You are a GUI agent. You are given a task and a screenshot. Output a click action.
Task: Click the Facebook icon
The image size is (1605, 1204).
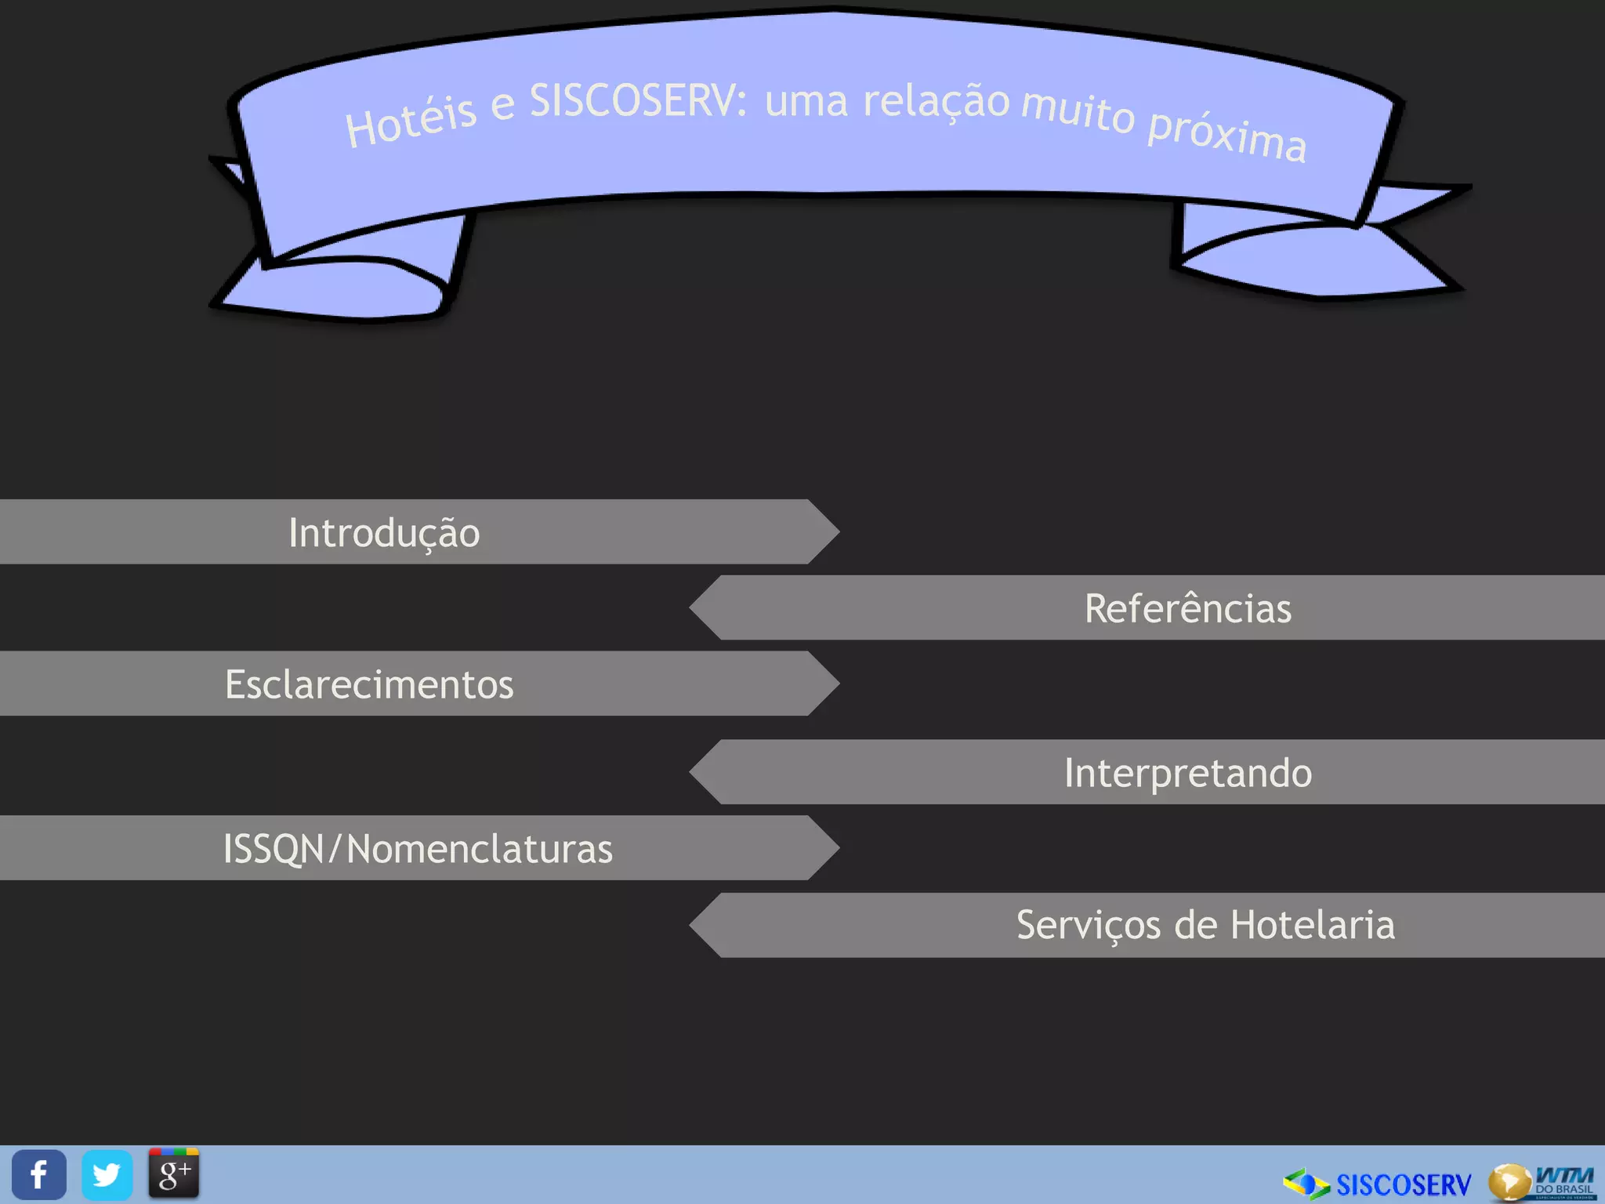coord(38,1174)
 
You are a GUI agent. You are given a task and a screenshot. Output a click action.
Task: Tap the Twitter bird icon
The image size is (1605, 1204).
coord(107,1174)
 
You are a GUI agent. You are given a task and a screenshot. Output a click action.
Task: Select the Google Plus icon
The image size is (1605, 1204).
coord(174,1173)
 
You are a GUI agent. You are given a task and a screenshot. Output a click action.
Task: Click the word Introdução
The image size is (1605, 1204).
coord(384,533)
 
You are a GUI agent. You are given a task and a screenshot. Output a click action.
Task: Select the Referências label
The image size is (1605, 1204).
coord(1187,609)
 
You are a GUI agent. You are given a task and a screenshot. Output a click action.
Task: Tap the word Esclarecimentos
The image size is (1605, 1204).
coord(369,684)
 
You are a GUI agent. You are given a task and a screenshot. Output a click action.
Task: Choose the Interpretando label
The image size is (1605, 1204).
coord(1187,773)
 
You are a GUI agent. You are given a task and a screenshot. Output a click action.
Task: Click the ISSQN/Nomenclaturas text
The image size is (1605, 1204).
coord(418,849)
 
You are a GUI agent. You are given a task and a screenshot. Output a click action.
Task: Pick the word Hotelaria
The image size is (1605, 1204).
coord(1313,925)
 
